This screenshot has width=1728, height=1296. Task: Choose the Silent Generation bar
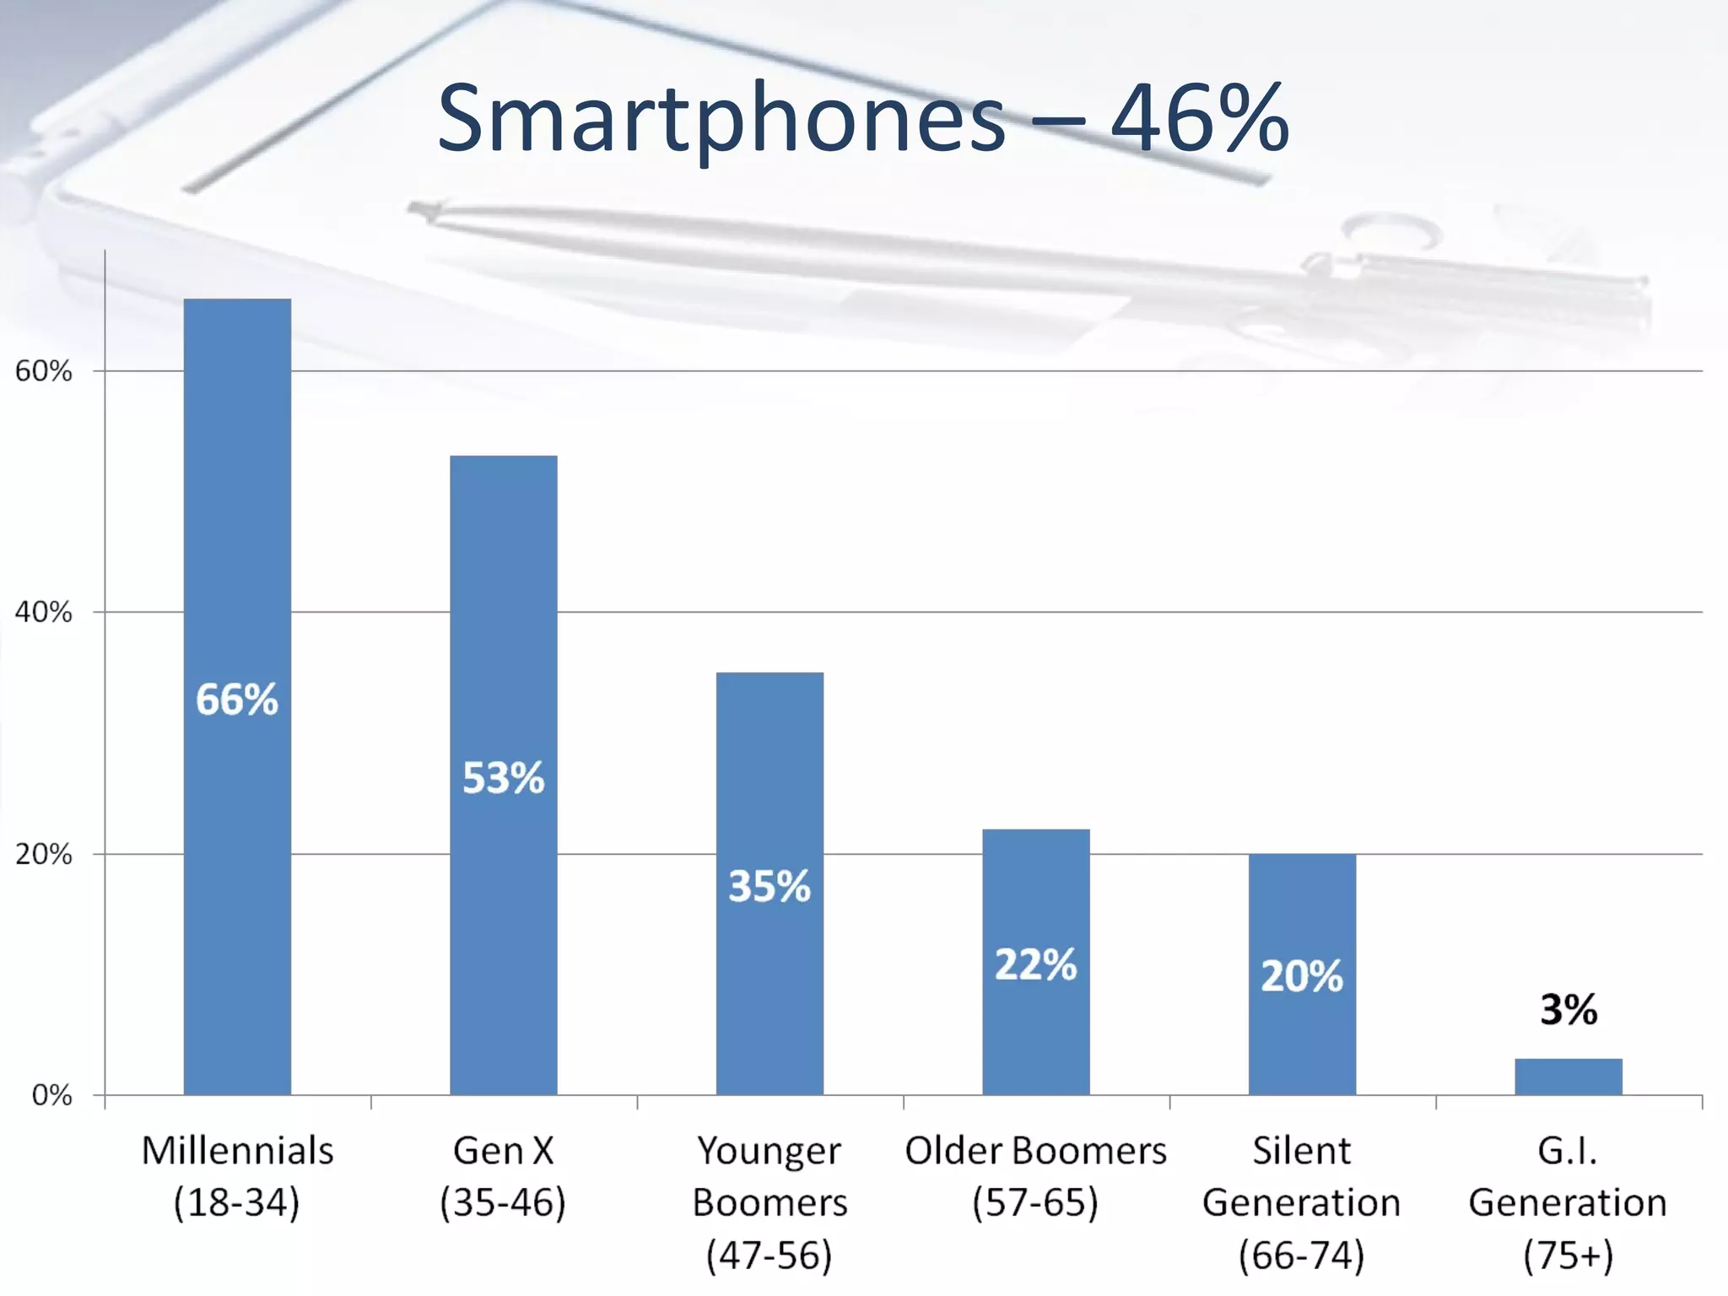coord(1302,1038)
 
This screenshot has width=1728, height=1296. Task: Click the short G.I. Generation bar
coord(1568,1077)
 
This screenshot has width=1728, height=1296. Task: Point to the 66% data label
coord(237,699)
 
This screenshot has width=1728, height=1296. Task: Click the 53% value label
coord(503,777)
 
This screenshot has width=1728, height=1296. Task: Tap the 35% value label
coord(769,886)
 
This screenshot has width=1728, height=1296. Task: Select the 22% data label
coord(1035,964)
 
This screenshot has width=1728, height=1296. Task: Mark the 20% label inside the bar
coord(1302,976)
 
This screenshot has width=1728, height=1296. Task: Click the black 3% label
coord(1568,1009)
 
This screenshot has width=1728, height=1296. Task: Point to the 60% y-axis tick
coord(44,371)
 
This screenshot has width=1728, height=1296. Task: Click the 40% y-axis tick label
coord(44,613)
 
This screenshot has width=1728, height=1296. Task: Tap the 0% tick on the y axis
coord(52,1095)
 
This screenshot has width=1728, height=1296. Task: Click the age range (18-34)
coord(237,1202)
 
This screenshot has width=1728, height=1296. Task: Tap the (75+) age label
coord(1568,1255)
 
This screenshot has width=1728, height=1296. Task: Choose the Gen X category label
coord(503,1151)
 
